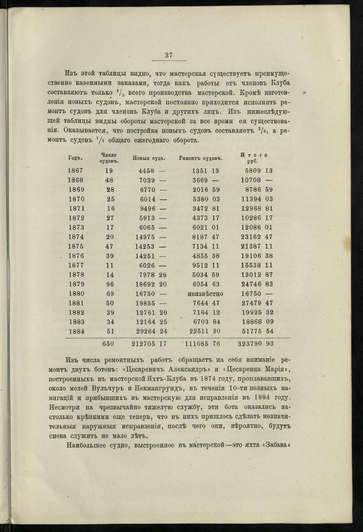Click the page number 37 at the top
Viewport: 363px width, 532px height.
(x=169, y=55)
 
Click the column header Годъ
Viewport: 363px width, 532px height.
(x=76, y=158)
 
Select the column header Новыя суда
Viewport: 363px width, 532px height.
(x=149, y=158)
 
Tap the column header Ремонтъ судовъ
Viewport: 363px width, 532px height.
(x=201, y=158)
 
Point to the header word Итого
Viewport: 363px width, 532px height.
(x=254, y=155)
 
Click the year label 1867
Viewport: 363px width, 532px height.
(x=75, y=171)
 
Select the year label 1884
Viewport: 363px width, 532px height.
(x=75, y=331)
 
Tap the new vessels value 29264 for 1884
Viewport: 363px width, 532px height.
(x=146, y=331)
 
